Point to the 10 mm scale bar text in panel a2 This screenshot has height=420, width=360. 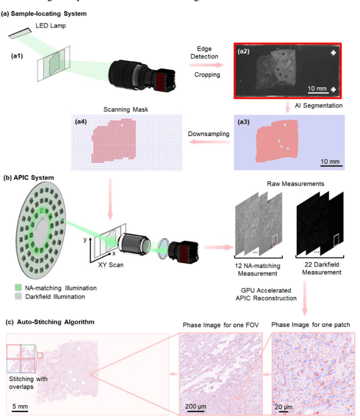click(318, 89)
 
